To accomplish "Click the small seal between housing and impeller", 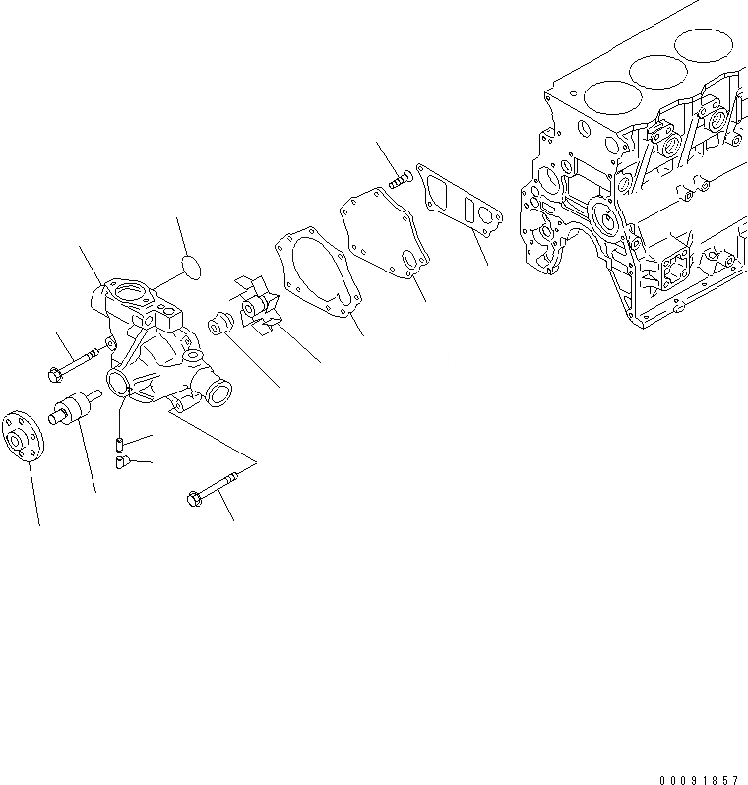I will tap(219, 322).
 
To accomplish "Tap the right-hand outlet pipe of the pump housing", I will tap(216, 393).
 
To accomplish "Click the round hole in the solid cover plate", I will tap(409, 260).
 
